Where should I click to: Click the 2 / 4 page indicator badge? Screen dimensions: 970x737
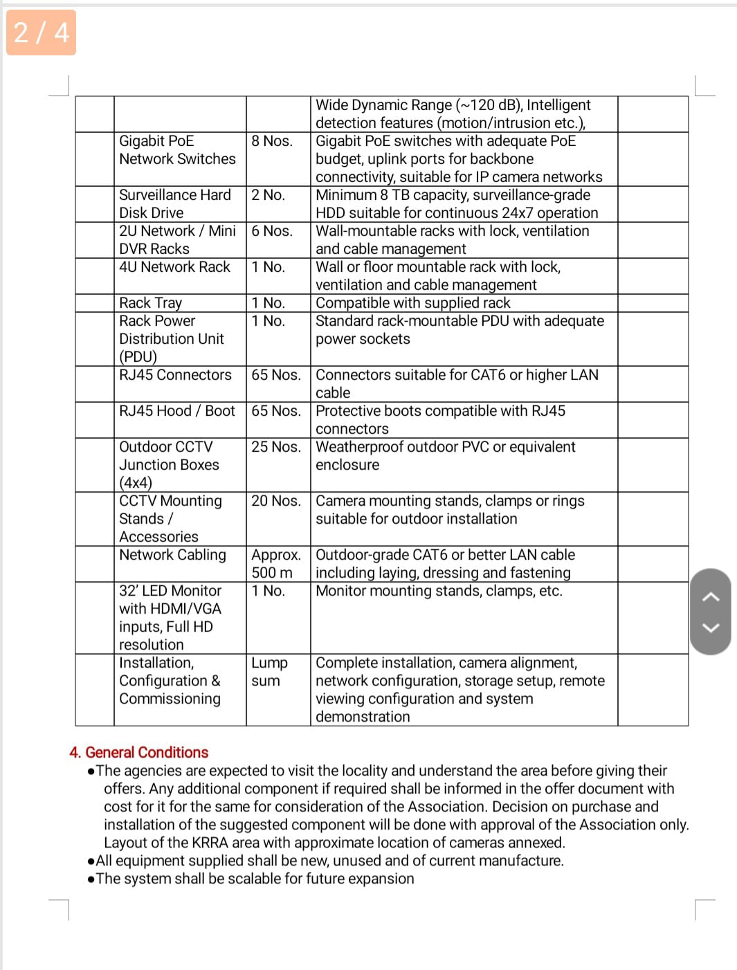tap(41, 33)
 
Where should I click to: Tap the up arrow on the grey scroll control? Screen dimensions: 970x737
tap(711, 597)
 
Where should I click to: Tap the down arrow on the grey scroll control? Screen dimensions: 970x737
tap(711, 628)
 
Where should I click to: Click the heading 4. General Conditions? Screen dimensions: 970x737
tap(138, 752)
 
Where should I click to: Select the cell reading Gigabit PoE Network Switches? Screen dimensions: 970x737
tap(177, 150)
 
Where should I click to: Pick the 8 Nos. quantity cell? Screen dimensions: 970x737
tap(272, 141)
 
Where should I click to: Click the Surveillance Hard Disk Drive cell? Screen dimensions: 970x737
tap(175, 204)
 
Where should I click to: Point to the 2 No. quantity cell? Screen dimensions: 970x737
tap(269, 195)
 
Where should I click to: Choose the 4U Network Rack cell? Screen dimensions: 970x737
tap(174, 267)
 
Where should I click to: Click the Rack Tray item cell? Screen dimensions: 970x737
tap(151, 303)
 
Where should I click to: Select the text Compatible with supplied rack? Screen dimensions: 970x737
tap(413, 303)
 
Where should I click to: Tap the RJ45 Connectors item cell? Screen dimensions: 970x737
tap(175, 375)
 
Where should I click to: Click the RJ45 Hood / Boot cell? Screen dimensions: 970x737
tap(177, 411)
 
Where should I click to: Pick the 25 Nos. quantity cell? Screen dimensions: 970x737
tap(276, 447)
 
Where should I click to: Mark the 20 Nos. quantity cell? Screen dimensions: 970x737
tap(276, 501)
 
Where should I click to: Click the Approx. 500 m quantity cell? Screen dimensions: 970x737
tap(276, 564)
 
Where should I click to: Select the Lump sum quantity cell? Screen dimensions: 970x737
tap(269, 672)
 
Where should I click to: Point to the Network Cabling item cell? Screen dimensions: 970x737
tap(173, 555)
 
